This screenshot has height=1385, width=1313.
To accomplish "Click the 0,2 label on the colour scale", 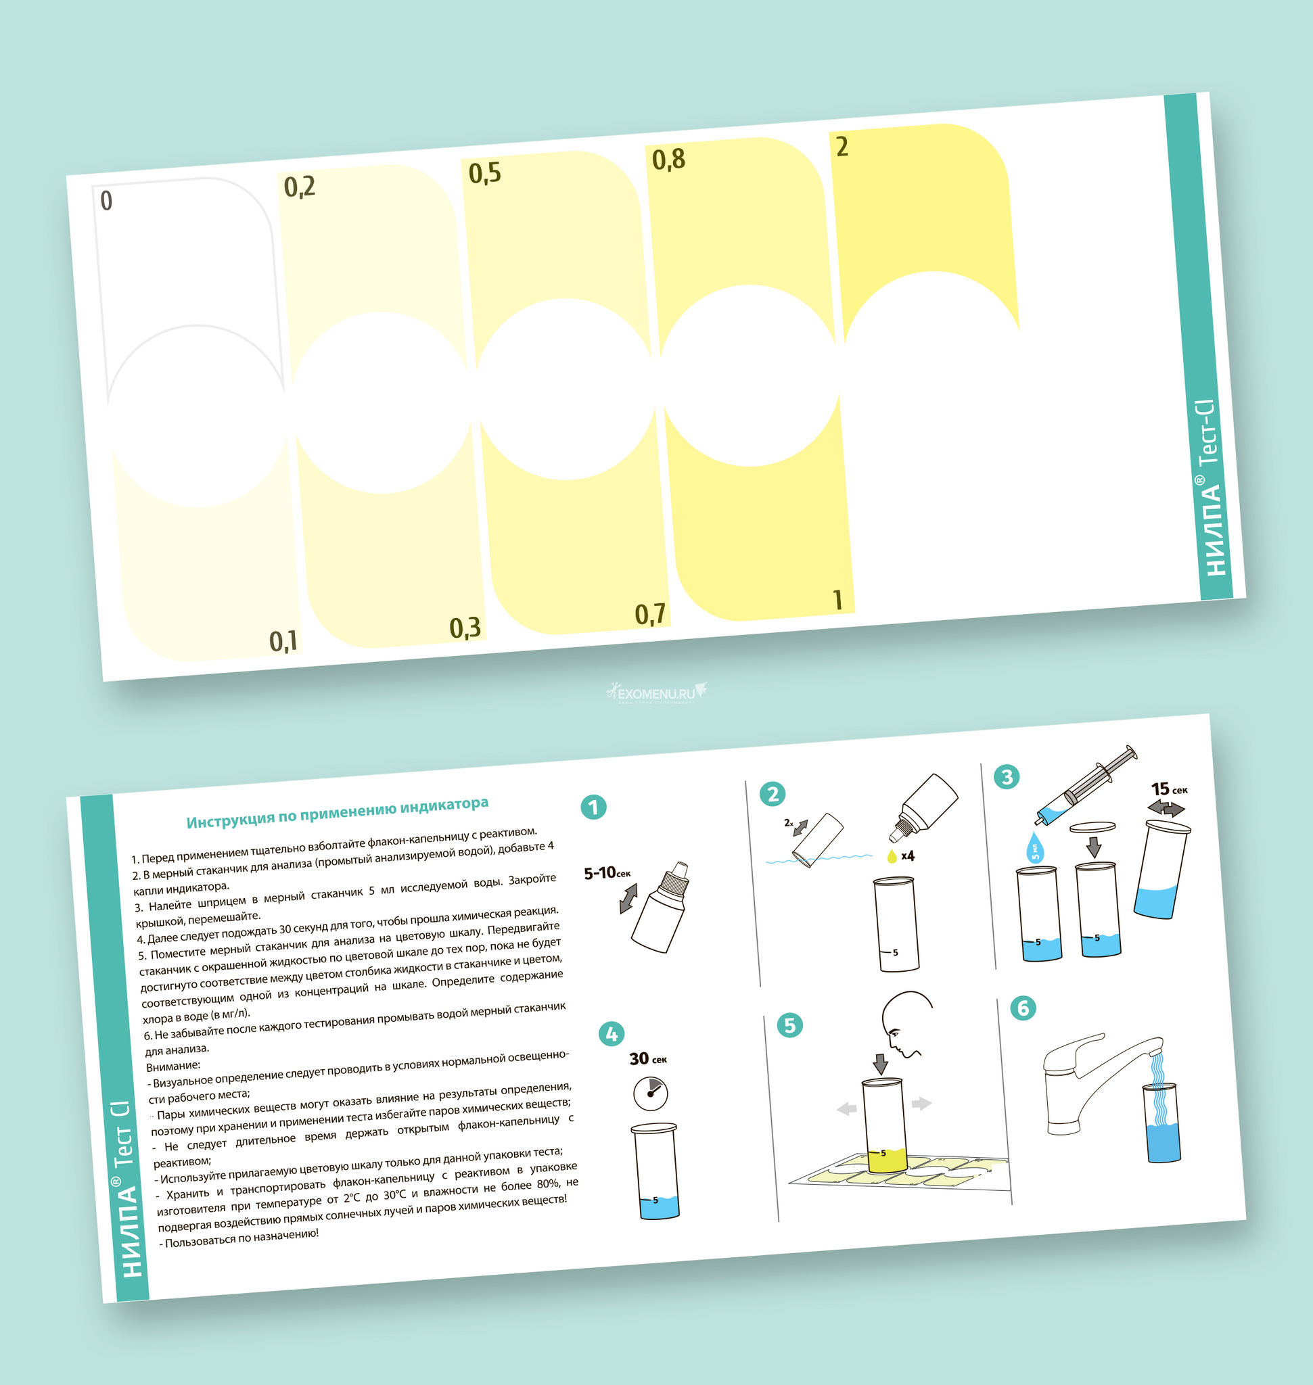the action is click(x=300, y=187).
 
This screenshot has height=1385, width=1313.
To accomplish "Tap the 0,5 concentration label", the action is click(x=485, y=173).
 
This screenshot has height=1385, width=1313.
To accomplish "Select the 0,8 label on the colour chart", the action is click(x=668, y=160).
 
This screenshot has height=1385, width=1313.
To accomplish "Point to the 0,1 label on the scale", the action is click(x=283, y=640).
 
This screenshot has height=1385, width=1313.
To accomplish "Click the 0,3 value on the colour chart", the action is click(x=465, y=628).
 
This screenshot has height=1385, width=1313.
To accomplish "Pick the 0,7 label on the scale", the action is click(x=650, y=615).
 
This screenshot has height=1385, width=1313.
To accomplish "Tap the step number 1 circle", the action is click(x=593, y=807).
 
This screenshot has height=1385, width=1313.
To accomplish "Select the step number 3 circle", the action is click(x=1007, y=776).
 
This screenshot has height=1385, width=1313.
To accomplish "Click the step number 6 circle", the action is click(x=1023, y=1008).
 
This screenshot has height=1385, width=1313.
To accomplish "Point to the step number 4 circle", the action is click(x=612, y=1033).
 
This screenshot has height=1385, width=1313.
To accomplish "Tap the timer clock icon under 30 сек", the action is click(x=650, y=1093).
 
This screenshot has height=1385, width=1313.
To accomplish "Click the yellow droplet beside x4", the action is click(x=892, y=856).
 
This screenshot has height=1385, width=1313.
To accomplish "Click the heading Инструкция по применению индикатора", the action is click(x=338, y=812).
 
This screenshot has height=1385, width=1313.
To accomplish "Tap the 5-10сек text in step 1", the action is click(x=607, y=872).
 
